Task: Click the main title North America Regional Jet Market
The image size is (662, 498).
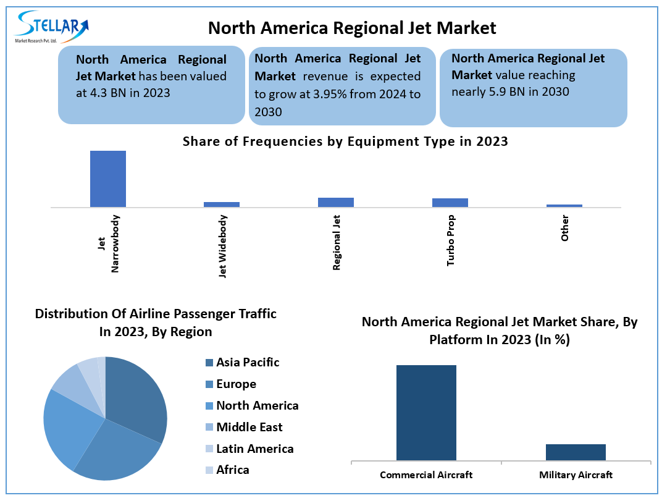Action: (351, 28)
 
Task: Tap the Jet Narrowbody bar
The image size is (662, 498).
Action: (108, 179)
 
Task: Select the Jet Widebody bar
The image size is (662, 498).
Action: (222, 204)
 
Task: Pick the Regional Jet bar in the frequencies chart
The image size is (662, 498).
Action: (335, 202)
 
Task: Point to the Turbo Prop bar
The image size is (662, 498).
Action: (450, 202)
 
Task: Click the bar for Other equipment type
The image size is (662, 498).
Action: (564, 205)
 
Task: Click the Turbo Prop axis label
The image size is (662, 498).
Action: (451, 241)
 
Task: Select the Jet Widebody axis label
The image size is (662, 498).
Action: (223, 246)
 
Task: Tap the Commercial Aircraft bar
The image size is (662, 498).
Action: (426, 412)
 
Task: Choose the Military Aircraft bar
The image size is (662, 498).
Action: (576, 452)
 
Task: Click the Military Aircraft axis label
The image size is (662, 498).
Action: (576, 475)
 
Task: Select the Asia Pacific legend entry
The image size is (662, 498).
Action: (247, 363)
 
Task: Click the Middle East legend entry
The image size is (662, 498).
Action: (249, 427)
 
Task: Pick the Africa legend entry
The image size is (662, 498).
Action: (232, 470)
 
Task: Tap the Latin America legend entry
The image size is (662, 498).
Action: (254, 449)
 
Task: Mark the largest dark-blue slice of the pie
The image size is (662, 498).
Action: (139, 395)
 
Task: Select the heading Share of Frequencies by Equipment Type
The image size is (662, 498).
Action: (345, 141)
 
